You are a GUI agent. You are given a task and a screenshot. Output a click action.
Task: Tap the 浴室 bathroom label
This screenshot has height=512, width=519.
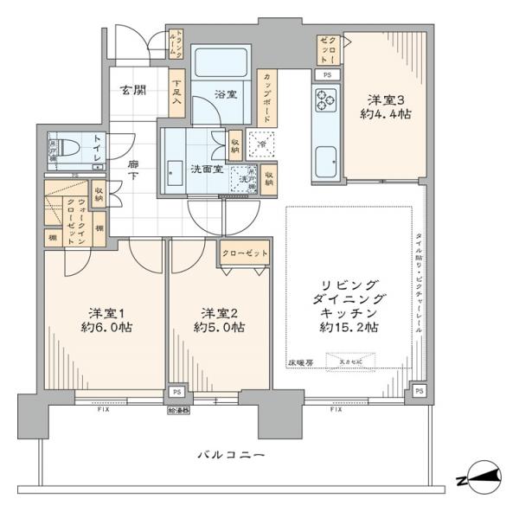coord(226,93)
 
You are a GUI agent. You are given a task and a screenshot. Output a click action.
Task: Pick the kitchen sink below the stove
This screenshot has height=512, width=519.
coord(326,161)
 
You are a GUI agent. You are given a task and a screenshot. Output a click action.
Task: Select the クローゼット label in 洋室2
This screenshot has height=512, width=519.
coord(243,253)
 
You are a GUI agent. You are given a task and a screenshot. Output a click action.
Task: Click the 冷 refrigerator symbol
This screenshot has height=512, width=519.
coord(260,143)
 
